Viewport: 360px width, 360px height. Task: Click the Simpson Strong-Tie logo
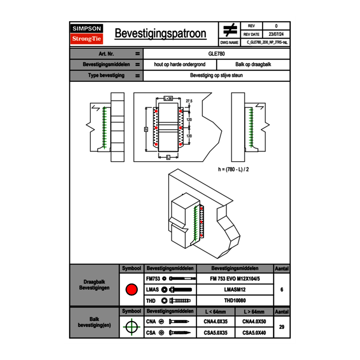click(x=87, y=34)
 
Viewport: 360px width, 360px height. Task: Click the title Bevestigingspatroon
click(x=160, y=34)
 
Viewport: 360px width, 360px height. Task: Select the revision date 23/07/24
click(x=276, y=34)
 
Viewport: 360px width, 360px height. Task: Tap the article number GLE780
click(x=216, y=54)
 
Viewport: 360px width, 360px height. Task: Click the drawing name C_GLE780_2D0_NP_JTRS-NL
click(x=267, y=42)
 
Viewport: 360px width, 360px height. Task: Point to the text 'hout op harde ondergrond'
click(x=180, y=65)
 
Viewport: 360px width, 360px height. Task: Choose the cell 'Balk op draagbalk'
click(x=253, y=65)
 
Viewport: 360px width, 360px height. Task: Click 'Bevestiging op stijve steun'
click(x=216, y=76)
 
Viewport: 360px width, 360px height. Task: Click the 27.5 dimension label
click(x=189, y=101)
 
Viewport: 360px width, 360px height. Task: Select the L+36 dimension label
click(x=168, y=99)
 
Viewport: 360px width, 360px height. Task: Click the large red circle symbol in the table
click(x=131, y=290)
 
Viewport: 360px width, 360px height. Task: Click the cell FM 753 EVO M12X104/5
click(x=235, y=279)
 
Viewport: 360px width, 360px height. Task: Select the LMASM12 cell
click(x=235, y=290)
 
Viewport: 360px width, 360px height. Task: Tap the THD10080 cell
click(x=235, y=301)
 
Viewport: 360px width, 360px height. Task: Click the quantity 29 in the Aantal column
click(x=282, y=327)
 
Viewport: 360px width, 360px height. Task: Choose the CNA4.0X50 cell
click(x=254, y=322)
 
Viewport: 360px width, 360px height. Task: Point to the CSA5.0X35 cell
click(x=216, y=333)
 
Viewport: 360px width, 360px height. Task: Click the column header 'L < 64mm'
click(x=216, y=312)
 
